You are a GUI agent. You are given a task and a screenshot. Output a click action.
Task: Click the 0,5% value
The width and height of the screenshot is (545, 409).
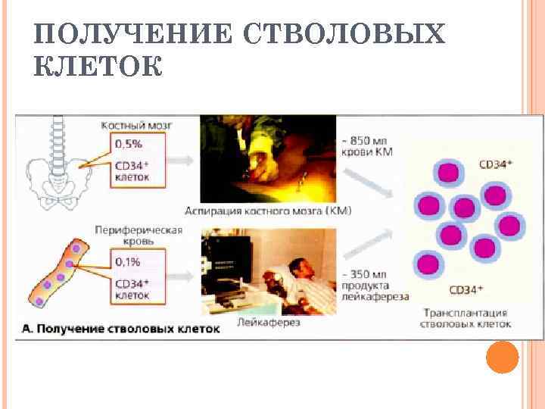[x=129, y=143]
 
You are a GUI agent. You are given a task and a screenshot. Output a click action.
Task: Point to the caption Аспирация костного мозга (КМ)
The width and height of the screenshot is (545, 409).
[x=268, y=211]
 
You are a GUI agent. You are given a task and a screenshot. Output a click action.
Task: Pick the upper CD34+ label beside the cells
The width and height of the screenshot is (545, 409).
[x=497, y=163]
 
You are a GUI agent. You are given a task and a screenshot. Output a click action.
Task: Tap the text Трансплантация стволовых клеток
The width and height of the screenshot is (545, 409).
[x=464, y=318]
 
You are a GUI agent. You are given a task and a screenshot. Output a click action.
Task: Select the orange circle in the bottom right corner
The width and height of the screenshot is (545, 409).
[x=502, y=357]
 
